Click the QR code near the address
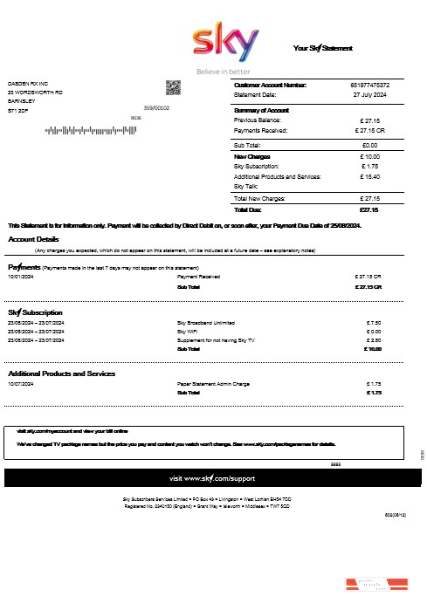tap(173, 88)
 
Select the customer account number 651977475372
tap(370, 85)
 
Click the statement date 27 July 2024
tap(370, 94)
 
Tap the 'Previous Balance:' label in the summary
tap(259, 120)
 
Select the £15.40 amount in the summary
tap(369, 176)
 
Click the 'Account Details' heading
tap(34, 239)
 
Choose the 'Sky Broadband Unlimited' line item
tap(207, 322)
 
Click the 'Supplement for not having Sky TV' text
tap(217, 340)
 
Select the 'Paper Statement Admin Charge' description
tap(213, 384)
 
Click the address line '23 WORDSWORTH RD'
tap(35, 92)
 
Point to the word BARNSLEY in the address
tap(23, 101)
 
